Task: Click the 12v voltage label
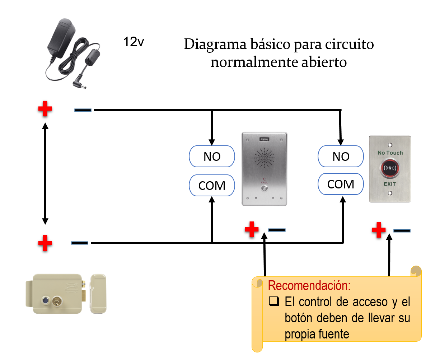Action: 134,42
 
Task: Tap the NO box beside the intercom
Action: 212,156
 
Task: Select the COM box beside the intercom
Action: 212,186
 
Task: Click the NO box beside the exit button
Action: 341,156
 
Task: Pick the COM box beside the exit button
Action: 341,184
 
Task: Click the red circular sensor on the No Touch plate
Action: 390,168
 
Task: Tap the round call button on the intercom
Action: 265,189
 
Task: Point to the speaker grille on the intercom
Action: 265,158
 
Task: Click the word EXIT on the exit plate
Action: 390,184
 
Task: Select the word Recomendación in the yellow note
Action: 309,285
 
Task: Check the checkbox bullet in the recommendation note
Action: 274,301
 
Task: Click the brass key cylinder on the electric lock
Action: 56,301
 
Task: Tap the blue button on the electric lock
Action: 46,300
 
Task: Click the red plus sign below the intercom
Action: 252,229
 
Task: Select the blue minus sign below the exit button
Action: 402,231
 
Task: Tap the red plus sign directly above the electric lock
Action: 45,243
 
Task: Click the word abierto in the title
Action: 324,62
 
